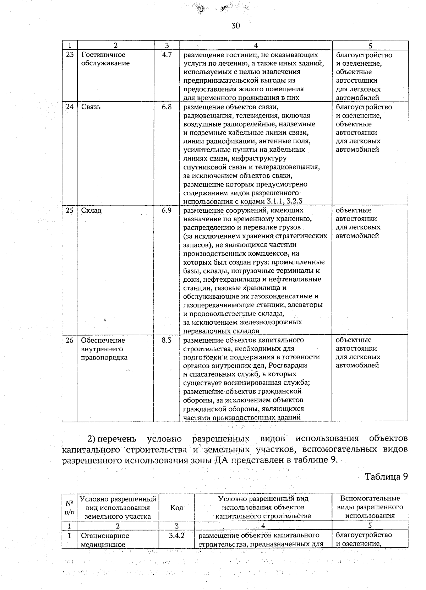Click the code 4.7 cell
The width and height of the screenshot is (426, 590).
pos(167,55)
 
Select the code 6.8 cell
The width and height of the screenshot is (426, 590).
pos(167,107)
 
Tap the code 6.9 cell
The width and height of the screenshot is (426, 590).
pos(167,210)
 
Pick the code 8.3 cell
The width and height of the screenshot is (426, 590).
pos(167,340)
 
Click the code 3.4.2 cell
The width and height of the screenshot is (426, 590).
pos(176,535)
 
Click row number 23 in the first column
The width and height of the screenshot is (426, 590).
pos(70,55)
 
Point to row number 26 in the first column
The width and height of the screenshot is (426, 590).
pos(70,340)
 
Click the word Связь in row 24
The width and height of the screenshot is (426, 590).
pos(91,107)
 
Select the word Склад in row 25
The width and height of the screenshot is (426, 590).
pos(92,210)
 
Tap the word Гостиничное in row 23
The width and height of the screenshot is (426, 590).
pos(103,55)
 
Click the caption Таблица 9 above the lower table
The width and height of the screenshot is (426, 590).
pos(386,477)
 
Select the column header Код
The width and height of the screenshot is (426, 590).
pos(176,508)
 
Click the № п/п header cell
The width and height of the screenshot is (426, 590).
pos(70,508)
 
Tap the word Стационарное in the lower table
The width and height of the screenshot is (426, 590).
pos(105,535)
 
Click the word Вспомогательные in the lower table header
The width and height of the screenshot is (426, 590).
pos(370,499)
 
